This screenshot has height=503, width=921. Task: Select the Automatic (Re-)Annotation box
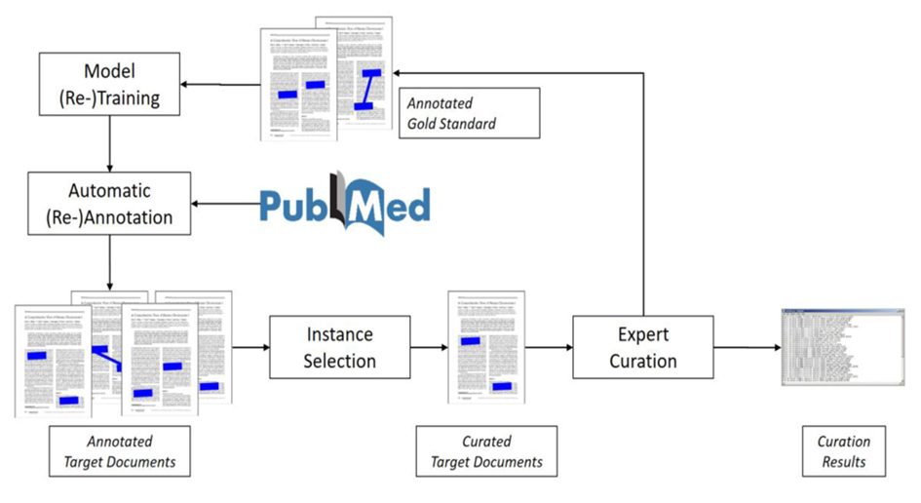pyautogui.click(x=108, y=205)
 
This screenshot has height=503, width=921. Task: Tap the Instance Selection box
pyautogui.click(x=339, y=347)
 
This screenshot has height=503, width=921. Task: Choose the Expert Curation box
pyautogui.click(x=642, y=347)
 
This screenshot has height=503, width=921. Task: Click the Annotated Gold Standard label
pyautogui.click(x=466, y=112)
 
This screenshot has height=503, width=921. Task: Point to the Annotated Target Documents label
pyautogui.click(x=120, y=451)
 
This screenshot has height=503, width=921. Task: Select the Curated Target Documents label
pyautogui.click(x=486, y=451)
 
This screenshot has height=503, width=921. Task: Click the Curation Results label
pyautogui.click(x=843, y=451)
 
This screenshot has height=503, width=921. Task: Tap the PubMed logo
pyautogui.click(x=345, y=203)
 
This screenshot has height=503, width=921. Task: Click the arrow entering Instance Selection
pyautogui.click(x=250, y=347)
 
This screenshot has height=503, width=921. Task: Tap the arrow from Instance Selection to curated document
pyautogui.click(x=426, y=347)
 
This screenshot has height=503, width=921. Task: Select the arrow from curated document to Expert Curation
pyautogui.click(x=550, y=347)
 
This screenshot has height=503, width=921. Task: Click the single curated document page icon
pyautogui.click(x=486, y=347)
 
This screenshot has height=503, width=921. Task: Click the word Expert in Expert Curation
pyautogui.click(x=642, y=334)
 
